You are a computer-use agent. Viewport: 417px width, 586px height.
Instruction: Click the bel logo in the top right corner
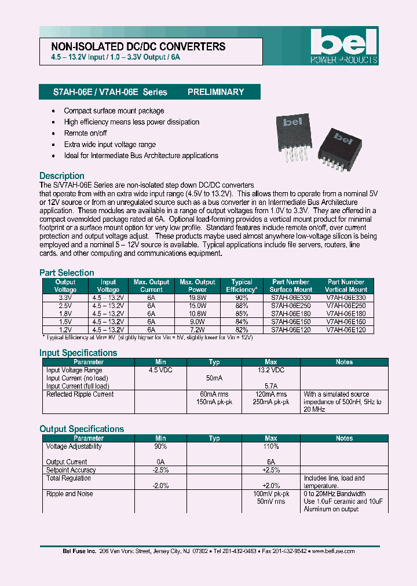coord(344,45)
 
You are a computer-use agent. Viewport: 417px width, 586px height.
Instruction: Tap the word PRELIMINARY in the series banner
coord(215,92)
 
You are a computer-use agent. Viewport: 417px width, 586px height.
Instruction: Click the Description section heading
coord(62,175)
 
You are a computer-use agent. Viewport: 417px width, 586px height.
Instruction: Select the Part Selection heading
coord(67,273)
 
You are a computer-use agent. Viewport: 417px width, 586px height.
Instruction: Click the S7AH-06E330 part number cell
coord(290,297)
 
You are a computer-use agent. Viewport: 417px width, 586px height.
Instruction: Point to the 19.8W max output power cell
coord(197,297)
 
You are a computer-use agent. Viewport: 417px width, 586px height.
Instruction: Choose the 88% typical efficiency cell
coord(242,305)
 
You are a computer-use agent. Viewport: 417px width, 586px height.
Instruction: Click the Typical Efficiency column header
coord(242,285)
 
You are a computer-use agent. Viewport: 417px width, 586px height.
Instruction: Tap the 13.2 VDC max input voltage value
coord(270,370)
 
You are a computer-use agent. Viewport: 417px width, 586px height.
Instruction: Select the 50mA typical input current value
coord(214,378)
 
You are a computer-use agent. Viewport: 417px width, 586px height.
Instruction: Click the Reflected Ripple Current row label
coord(80,394)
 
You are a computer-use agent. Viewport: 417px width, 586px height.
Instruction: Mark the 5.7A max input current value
coord(270,386)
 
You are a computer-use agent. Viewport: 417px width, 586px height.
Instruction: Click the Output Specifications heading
coord(82,429)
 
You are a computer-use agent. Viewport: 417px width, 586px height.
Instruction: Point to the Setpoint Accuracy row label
coord(71,470)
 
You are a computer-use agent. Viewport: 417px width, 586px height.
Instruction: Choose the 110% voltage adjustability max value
coord(270,446)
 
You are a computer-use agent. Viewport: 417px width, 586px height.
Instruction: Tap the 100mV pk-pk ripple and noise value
coord(270,494)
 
